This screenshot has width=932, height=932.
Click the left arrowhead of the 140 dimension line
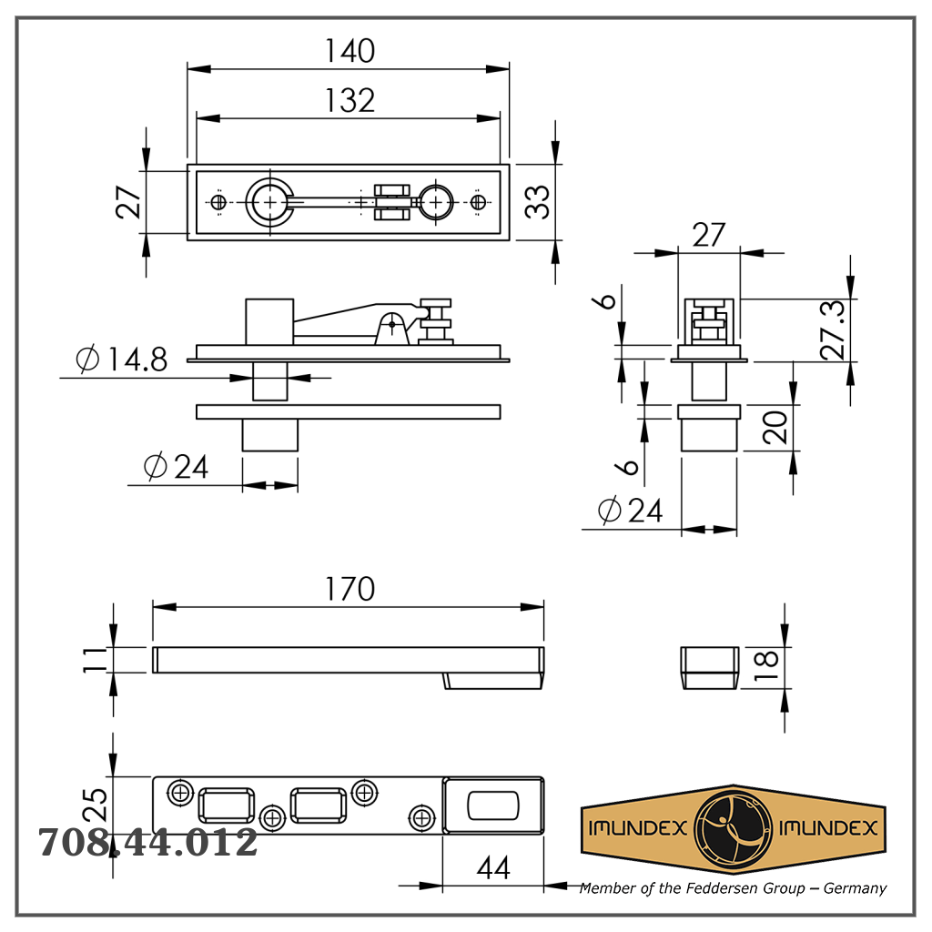click(199, 69)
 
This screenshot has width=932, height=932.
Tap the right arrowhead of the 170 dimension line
click(532, 607)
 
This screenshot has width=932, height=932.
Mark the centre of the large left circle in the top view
click(269, 202)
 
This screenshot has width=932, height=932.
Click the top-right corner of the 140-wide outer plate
click(510, 165)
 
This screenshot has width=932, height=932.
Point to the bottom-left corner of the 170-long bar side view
click(153, 673)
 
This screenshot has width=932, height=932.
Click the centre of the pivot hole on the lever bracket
click(392, 324)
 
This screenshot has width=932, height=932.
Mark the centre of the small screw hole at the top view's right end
click(478, 202)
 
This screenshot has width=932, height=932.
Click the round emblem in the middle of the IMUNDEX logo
click(733, 828)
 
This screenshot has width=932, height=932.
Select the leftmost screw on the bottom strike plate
click(180, 793)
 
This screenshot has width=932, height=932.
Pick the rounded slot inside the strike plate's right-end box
click(493, 806)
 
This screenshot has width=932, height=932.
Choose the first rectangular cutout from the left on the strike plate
click(226, 806)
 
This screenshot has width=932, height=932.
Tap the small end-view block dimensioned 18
click(710, 668)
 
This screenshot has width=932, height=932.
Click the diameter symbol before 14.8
click(87, 359)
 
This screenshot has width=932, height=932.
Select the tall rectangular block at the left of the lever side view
click(269, 321)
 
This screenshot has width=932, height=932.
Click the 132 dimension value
click(349, 100)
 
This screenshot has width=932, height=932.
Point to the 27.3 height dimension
click(832, 329)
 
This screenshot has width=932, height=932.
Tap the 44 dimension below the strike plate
click(493, 868)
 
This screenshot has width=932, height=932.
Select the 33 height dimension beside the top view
click(537, 202)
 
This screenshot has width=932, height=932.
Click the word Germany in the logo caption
click(855, 888)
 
